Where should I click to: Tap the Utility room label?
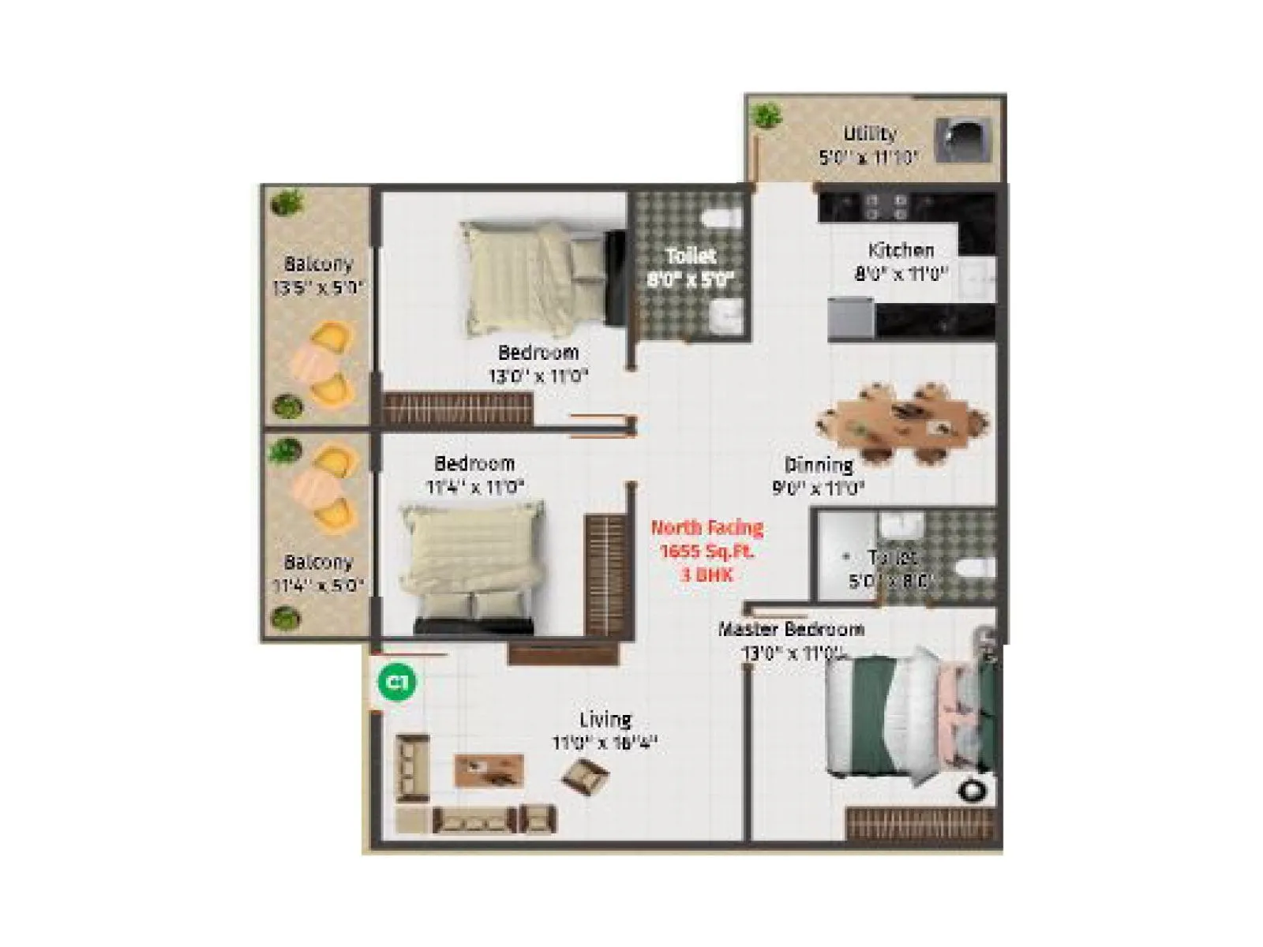[x=869, y=133]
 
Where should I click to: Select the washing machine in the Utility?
[x=962, y=140]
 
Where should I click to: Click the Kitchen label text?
[x=901, y=250]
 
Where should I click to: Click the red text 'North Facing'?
[x=706, y=527]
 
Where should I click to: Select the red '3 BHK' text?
[x=706, y=575]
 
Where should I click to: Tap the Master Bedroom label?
[x=791, y=629]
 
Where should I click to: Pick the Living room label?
[x=605, y=719]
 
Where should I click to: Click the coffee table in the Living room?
[x=489, y=769]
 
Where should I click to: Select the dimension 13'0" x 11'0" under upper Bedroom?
[x=538, y=376]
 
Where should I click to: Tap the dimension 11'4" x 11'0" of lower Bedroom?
[x=475, y=487]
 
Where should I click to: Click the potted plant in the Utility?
[x=765, y=116]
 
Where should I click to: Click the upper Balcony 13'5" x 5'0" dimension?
[x=318, y=287]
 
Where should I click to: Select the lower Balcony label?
[x=318, y=562]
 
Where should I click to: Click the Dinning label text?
[x=819, y=465]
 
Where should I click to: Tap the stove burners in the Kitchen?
[x=883, y=207]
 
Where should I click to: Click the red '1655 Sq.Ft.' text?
[x=706, y=551]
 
